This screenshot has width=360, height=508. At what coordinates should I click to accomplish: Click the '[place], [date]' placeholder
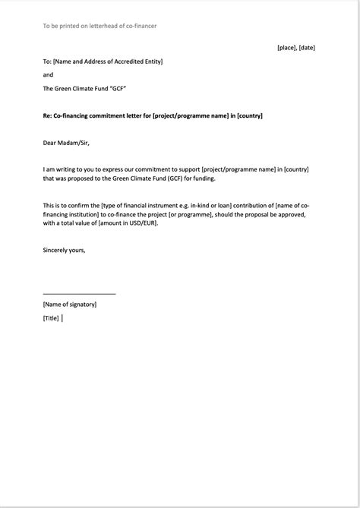295,48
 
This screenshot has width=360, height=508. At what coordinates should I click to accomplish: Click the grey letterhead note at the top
99,26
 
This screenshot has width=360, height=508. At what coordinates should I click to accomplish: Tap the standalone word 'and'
48,75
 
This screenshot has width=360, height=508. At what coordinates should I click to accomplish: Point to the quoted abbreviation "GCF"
117,89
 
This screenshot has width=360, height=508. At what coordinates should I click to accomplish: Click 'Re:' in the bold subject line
47,115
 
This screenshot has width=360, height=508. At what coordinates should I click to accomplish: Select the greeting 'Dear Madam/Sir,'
66,142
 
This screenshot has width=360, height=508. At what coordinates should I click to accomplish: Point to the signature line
80,293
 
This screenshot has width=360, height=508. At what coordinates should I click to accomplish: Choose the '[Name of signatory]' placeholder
70,304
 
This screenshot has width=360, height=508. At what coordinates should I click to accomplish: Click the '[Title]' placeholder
51,319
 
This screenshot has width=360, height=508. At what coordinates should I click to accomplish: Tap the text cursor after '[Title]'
62,319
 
